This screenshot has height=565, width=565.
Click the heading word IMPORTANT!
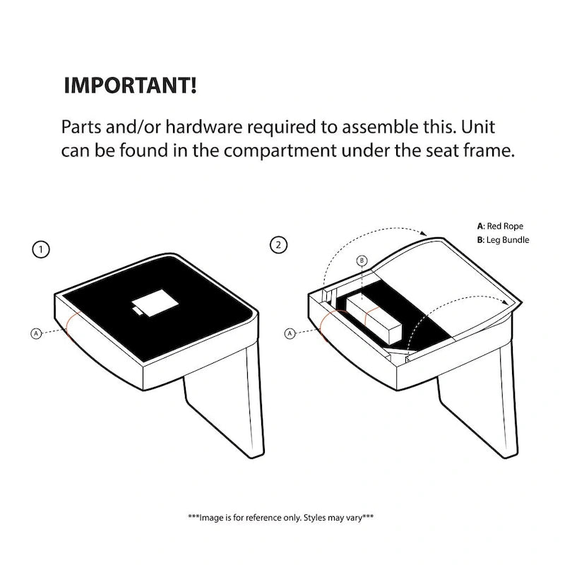[x=130, y=85]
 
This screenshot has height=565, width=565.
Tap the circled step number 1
[x=41, y=249]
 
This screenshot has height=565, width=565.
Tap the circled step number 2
[x=278, y=245]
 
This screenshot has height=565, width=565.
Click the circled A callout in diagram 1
[x=36, y=333]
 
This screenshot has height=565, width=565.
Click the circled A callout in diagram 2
[x=290, y=333]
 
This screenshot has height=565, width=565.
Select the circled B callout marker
[x=362, y=261]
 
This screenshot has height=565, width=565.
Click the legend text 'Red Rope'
[x=505, y=226]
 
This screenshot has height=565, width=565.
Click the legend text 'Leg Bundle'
[x=508, y=240]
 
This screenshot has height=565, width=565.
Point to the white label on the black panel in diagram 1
[x=155, y=303]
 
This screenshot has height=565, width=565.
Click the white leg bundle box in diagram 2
[x=374, y=318]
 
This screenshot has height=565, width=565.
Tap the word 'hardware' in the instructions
[x=204, y=127]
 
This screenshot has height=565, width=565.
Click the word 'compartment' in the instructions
[x=280, y=151]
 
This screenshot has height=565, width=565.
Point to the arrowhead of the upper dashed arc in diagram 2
[x=424, y=233]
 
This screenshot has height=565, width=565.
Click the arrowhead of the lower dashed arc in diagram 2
[x=506, y=302]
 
